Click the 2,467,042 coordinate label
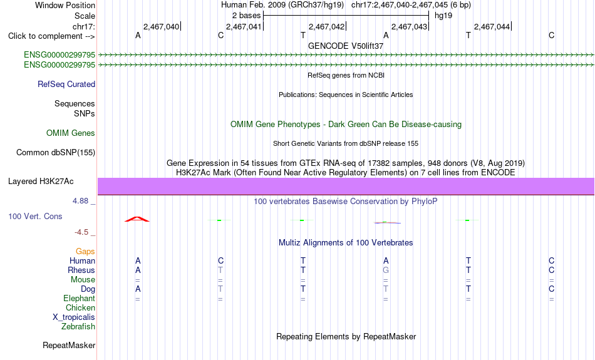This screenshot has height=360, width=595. click(326, 26)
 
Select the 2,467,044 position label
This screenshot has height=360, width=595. click(492, 26)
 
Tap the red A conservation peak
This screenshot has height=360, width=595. click(137, 219)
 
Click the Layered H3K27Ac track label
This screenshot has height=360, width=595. click(41, 182)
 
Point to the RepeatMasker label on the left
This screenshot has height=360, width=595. click(69, 345)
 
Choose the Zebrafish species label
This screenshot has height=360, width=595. click(78, 326)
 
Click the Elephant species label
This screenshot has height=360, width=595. click(79, 298)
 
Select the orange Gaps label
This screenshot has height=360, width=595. click(85, 251)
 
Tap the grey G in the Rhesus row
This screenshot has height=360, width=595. click(386, 270)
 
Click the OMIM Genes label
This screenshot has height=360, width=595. click(71, 133)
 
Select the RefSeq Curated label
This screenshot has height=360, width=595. click(66, 85)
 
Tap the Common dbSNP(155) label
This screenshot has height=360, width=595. click(56, 153)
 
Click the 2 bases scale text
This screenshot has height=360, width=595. click(247, 16)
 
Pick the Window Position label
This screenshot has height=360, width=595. click(65, 5)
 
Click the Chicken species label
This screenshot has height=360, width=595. click(80, 307)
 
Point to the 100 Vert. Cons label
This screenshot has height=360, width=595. click(35, 216)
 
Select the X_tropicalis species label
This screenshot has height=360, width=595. click(74, 317)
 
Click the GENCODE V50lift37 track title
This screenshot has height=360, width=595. click(346, 46)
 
